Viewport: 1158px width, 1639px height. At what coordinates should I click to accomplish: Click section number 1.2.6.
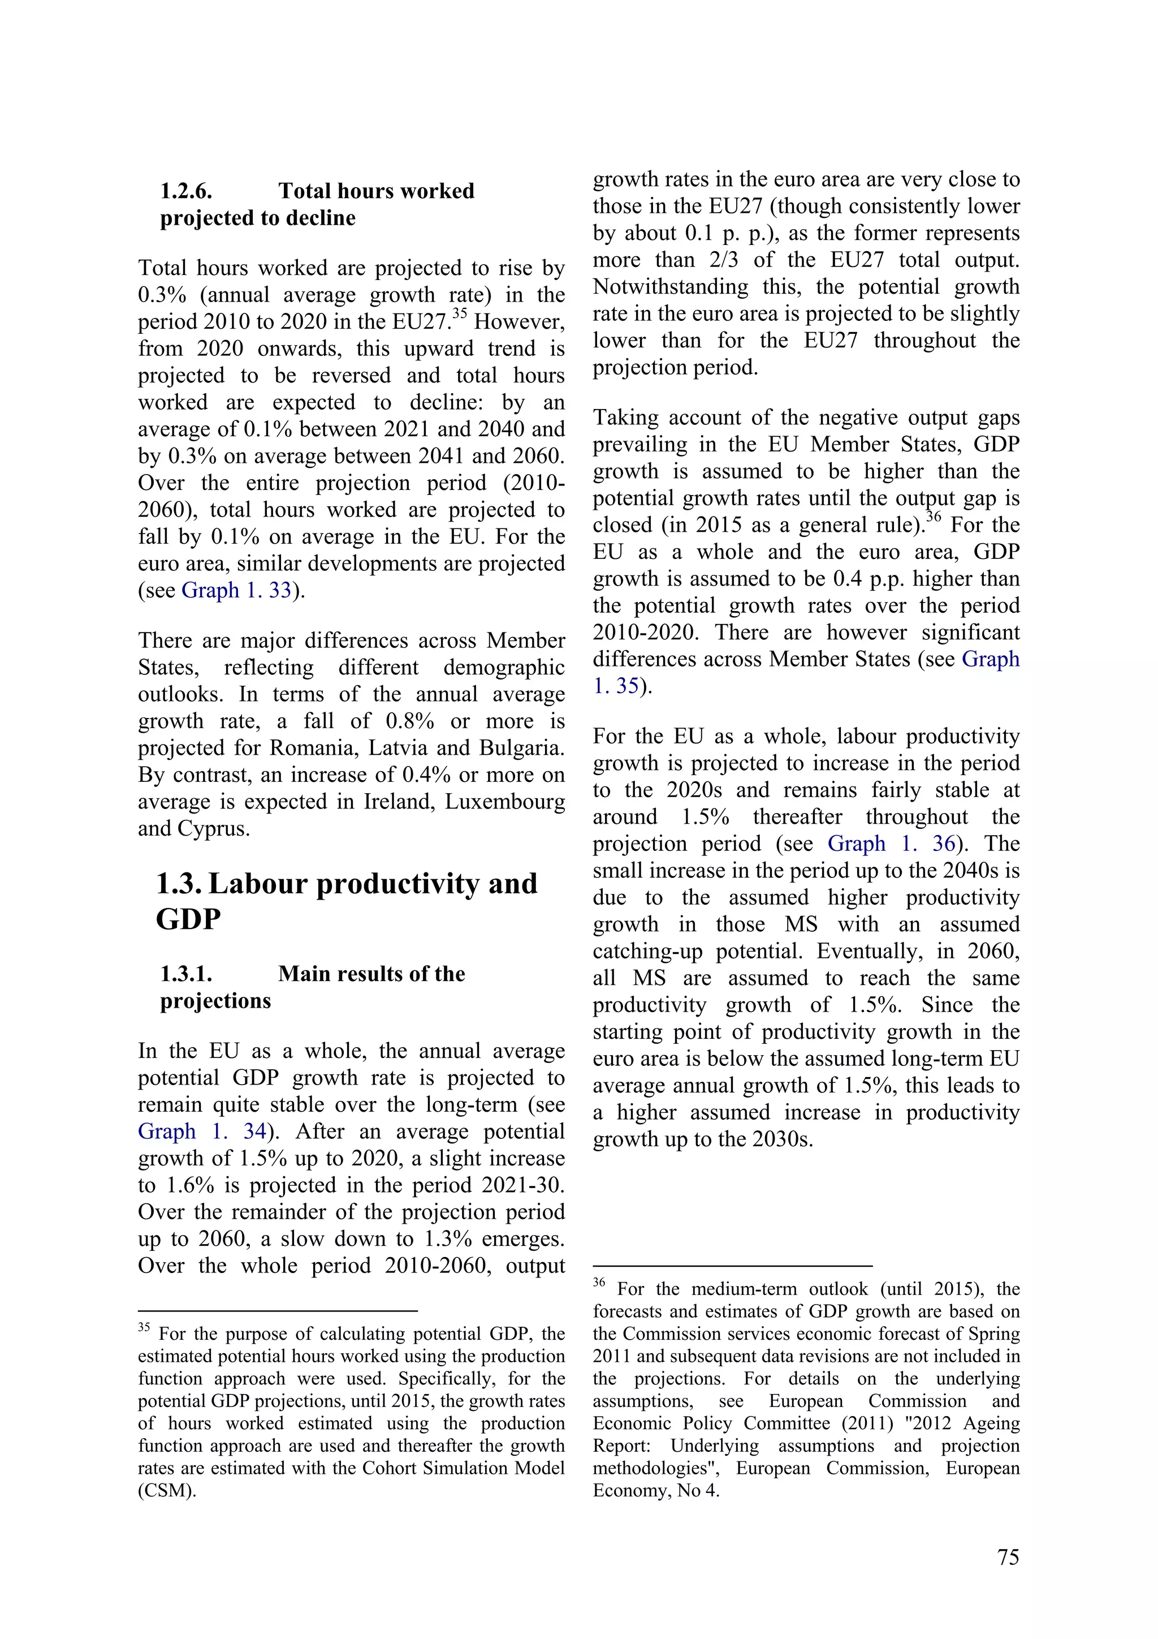tap(185, 191)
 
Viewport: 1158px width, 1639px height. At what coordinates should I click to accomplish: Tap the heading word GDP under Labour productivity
tap(188, 919)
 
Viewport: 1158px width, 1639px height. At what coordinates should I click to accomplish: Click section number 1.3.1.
tap(185, 974)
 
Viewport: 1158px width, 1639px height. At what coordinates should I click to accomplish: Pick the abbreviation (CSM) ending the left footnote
tap(166, 1491)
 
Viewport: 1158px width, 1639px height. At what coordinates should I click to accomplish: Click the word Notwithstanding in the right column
tap(670, 286)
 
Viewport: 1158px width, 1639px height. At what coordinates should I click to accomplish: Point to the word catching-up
tap(647, 951)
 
